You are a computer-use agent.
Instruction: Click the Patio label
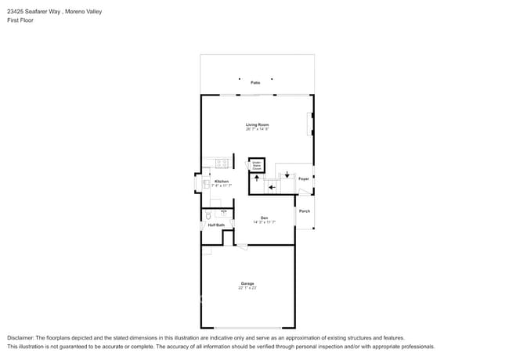coord(255,82)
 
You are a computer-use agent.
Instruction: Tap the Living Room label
coord(258,124)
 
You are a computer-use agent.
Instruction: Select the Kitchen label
coord(222,182)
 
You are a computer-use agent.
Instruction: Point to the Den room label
coord(265,218)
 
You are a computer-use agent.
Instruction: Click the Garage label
coord(247,283)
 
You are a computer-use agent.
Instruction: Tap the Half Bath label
coord(216,225)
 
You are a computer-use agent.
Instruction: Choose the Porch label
coord(305,211)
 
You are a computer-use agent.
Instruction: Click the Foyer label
coord(303,179)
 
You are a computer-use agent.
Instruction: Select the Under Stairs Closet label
coord(257,165)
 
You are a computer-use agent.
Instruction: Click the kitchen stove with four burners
coord(222,164)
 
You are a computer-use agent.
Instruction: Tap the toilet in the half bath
coord(208,215)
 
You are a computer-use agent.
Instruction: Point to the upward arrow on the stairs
coord(256,178)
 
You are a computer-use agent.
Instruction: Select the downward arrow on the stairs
coord(287,174)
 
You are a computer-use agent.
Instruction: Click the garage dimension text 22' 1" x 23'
coord(247,288)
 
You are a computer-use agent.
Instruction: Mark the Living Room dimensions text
coord(258,129)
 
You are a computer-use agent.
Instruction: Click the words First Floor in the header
coord(20,20)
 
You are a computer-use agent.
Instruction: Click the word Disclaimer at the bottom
coord(21,337)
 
